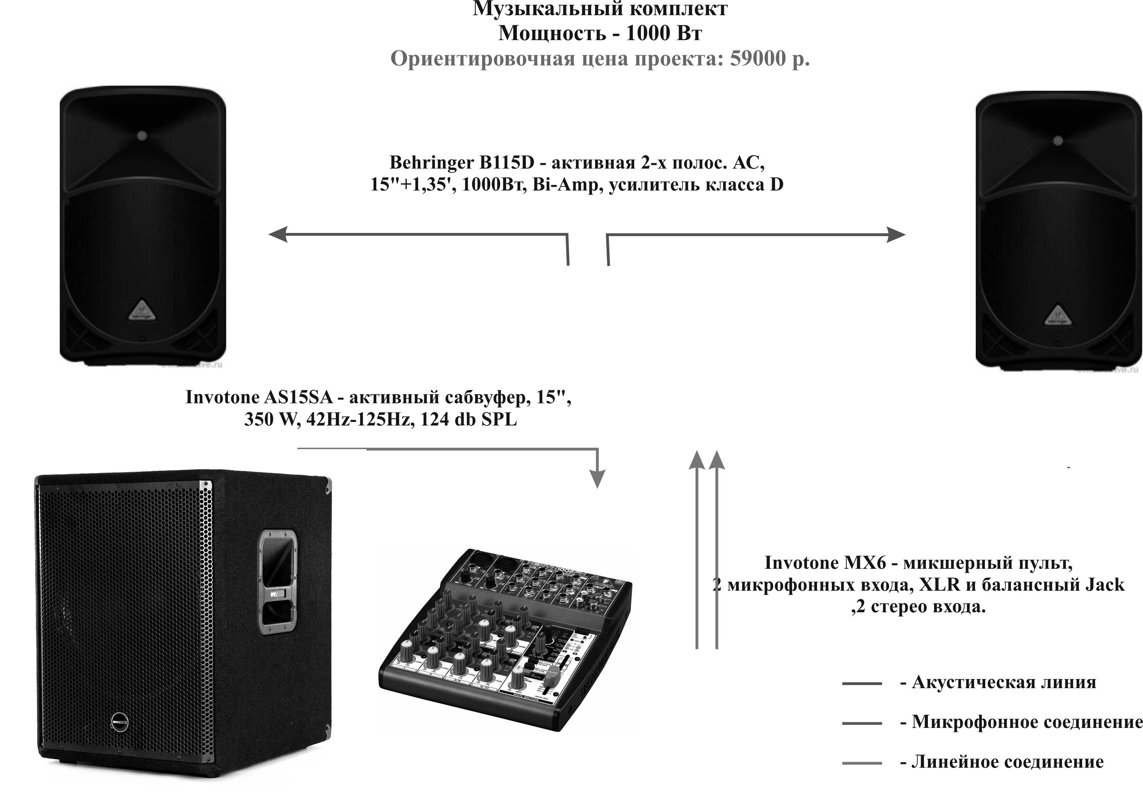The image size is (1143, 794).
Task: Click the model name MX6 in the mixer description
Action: point(865,563)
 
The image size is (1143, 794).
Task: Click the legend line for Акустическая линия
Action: point(861,683)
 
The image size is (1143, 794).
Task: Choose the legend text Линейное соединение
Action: point(1007,761)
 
